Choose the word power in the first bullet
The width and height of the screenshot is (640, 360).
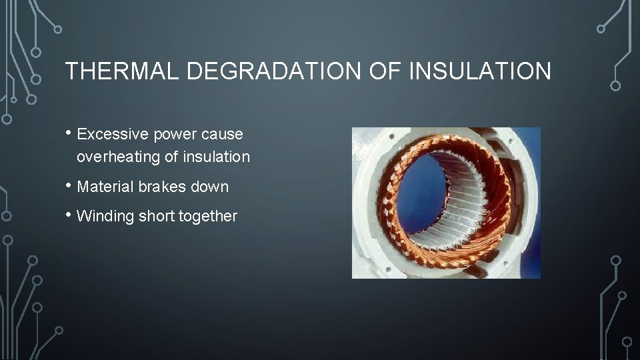(x=171, y=135)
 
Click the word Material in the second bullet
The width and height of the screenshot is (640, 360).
(x=105, y=187)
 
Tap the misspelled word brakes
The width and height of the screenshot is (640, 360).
(x=161, y=187)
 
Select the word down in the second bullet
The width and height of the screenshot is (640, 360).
(x=210, y=187)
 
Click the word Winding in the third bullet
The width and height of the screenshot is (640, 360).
(x=105, y=216)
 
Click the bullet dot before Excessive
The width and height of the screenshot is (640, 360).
(x=69, y=133)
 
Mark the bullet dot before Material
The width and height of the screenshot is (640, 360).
(x=69, y=185)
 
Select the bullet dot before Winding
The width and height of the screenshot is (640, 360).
(x=69, y=215)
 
